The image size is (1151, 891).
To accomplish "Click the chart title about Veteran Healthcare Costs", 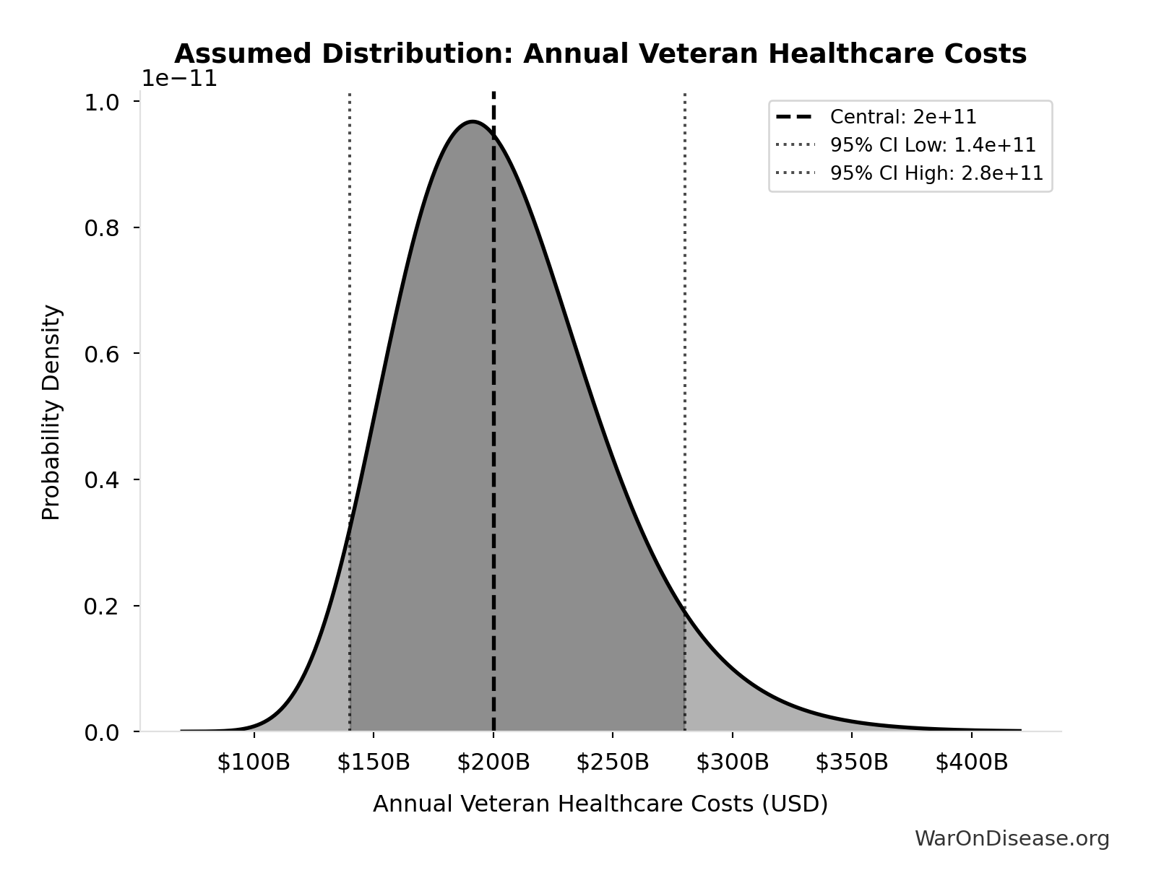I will pos(600,54).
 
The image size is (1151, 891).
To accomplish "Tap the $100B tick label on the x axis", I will pos(254,762).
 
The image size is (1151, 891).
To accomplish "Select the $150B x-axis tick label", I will pos(374,762).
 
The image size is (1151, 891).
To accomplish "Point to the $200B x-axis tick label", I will pos(493,762).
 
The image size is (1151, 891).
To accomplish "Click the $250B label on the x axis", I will pos(613,762).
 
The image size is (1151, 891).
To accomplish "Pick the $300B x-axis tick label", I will pos(733,762).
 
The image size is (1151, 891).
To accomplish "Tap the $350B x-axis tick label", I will pos(852,762).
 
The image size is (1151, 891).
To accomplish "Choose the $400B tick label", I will pos(971,762).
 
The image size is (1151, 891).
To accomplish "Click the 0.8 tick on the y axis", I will pos(102,228).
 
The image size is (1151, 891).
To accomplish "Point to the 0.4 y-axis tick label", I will pos(102,480).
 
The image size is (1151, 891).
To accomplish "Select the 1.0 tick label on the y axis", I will pos(102,103).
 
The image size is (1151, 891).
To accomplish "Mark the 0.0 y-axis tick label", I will pos(102,733).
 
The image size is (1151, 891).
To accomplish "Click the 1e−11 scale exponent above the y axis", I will pos(178,78).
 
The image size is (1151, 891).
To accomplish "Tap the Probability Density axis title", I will pos(51,412).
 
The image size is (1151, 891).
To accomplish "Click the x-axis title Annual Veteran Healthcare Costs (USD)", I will pos(600,804).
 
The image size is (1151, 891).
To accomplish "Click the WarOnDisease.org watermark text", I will pos(1012,838).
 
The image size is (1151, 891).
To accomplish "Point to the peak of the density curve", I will pos(473,121).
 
